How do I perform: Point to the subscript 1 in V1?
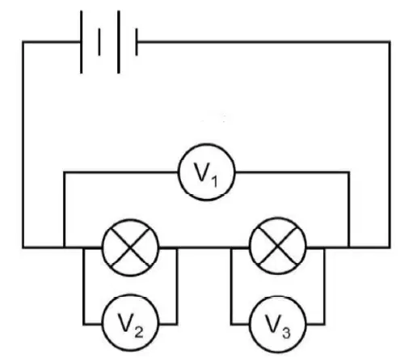click(214, 181)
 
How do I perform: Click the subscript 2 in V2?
click(139, 332)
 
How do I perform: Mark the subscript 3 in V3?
click(286, 332)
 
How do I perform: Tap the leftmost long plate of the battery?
click(81, 42)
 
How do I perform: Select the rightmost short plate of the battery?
click(137, 42)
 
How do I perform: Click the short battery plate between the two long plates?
click(99, 42)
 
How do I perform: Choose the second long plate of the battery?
click(119, 42)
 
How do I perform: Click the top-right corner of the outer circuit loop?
click(390, 42)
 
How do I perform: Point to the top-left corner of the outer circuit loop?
click(23, 42)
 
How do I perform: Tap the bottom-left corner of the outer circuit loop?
click(23, 247)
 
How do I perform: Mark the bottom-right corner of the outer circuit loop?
click(390, 247)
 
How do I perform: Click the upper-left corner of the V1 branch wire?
click(65, 172)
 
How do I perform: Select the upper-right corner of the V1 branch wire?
click(349, 172)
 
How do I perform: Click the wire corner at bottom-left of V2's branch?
click(84, 324)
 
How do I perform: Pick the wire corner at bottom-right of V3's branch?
click(324, 324)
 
